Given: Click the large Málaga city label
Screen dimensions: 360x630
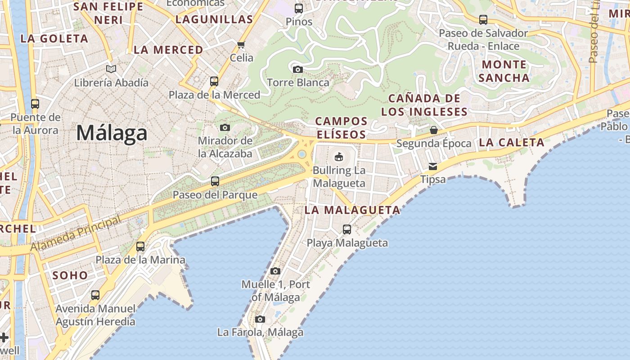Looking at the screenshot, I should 112,133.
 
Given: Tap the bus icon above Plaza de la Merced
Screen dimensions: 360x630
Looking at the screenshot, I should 214,81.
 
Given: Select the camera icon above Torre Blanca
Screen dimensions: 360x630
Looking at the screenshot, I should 297,69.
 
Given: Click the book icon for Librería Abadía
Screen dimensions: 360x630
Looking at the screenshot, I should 111,69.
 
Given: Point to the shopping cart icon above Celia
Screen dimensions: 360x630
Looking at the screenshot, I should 241,45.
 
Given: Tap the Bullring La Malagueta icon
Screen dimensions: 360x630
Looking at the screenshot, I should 338,157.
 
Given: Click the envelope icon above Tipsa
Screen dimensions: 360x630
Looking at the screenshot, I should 432,166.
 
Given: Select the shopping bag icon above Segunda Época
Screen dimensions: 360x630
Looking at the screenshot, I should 433,130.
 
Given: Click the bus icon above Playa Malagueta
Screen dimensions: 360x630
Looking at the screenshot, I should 347,229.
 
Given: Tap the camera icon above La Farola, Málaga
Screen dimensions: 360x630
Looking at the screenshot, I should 260,319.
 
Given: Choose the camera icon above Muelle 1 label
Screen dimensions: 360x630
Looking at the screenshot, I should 275,271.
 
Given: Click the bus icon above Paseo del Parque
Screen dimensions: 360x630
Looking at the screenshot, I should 215,181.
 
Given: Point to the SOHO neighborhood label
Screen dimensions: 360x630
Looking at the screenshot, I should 70,275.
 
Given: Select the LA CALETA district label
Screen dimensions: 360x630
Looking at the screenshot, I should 512,143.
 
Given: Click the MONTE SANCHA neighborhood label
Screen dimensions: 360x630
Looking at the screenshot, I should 504,71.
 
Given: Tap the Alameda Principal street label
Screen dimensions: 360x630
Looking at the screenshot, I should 76,234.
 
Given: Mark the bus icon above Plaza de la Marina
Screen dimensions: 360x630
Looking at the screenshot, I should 140,247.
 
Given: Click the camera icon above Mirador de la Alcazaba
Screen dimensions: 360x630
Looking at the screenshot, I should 225,128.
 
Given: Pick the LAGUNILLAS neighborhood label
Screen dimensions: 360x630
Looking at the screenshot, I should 214,19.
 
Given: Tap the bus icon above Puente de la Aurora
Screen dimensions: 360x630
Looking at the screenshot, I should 35,104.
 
